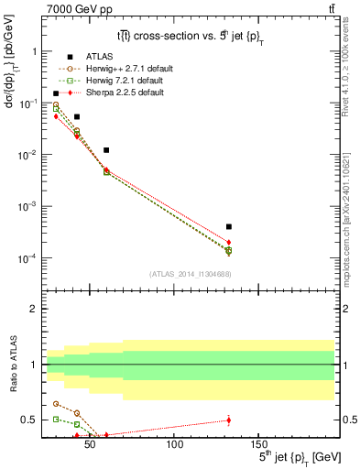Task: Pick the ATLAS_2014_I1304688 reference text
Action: click(x=189, y=274)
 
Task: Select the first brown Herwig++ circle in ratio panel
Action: click(x=56, y=403)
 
